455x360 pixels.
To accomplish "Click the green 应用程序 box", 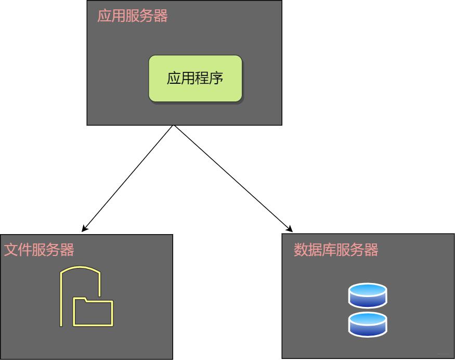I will (x=195, y=79).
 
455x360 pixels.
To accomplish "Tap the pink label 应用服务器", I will (x=133, y=16).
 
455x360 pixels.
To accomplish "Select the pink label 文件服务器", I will (x=39, y=250).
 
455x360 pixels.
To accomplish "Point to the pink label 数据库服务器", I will (x=336, y=250).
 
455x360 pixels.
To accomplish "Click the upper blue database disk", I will (x=368, y=295).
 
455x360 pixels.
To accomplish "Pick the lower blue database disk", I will (x=368, y=324).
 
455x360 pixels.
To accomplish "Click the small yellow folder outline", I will (x=93, y=312).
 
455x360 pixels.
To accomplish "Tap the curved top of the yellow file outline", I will (x=80, y=268).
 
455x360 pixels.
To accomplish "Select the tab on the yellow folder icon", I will (x=81, y=299).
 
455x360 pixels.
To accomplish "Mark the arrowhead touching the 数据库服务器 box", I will (x=290, y=229).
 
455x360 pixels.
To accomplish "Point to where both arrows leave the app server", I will (x=173, y=126).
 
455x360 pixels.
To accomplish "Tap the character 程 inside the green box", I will (x=202, y=79).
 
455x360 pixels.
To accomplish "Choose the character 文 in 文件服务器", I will (x=11, y=250).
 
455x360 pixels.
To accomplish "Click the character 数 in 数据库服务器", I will (x=301, y=250).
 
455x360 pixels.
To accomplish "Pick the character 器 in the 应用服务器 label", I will (x=161, y=16).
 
